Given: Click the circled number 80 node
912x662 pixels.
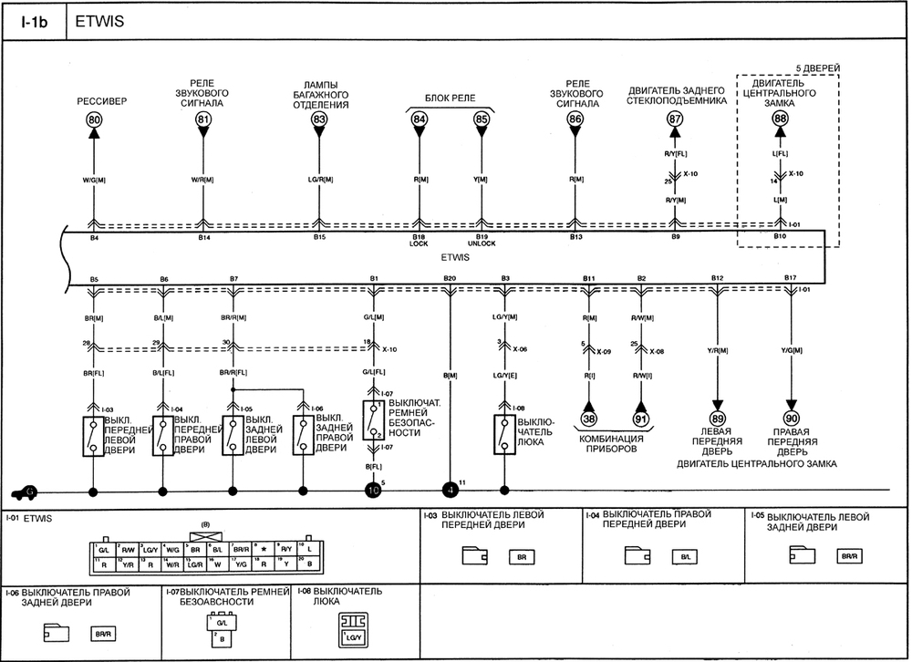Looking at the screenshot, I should (94, 120).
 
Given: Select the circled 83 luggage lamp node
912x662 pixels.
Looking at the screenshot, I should (319, 119).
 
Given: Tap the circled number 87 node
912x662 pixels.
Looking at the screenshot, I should (675, 119).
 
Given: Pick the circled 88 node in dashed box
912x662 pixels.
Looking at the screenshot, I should (780, 119).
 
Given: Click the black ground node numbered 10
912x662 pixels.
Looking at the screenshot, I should (372, 491).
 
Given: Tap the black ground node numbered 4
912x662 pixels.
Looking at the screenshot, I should (449, 491).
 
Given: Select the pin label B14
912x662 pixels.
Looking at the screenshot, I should (203, 238).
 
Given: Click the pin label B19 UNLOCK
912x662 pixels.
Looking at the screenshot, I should (482, 242).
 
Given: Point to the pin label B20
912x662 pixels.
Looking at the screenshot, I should (449, 276).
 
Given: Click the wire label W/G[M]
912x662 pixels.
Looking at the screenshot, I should (93, 179).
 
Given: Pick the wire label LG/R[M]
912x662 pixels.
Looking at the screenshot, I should (319, 179).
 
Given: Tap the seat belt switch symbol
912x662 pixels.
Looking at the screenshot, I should (372, 420).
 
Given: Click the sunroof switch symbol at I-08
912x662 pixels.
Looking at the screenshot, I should (503, 435).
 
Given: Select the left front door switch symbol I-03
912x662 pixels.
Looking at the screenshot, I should (93, 435).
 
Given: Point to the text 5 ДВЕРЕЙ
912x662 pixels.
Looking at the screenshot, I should (817, 67).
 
